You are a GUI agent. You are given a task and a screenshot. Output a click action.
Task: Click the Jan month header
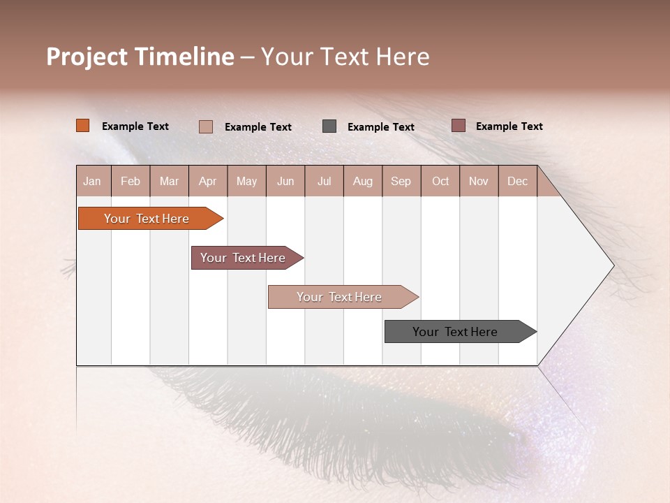93,181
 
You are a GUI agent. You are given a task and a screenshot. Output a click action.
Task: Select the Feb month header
131,181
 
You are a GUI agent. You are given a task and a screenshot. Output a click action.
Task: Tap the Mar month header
169,181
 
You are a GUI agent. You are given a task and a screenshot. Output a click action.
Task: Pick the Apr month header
208,181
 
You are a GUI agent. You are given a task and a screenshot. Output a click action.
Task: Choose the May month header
246,181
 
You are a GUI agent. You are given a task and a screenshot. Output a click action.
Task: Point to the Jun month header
285,181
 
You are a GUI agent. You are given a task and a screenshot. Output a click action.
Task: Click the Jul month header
324,181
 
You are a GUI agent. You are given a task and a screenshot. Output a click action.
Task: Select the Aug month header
363,181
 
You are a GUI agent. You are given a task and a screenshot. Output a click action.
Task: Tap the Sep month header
401,181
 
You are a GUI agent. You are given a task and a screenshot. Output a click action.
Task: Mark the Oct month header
440,181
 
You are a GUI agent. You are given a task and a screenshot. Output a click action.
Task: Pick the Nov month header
479,181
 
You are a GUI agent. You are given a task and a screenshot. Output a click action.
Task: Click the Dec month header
518,181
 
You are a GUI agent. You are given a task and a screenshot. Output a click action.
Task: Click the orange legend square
83,126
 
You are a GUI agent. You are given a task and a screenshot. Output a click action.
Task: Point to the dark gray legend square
329,126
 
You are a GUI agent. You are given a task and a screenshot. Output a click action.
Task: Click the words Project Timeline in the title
140,57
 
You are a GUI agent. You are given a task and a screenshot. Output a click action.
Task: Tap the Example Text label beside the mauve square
509,126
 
